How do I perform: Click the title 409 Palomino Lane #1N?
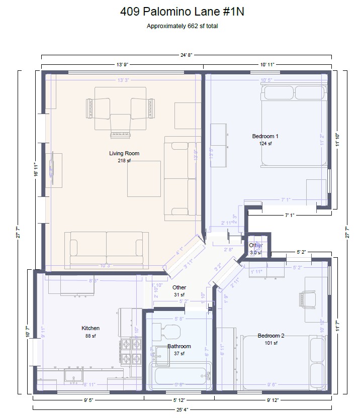pyautogui.click(x=182, y=12)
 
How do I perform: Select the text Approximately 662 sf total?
pyautogui.click(x=182, y=26)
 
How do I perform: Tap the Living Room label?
pyautogui.click(x=124, y=153)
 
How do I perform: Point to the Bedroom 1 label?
pyautogui.click(x=265, y=136)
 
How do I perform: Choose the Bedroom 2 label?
pyautogui.click(x=271, y=336)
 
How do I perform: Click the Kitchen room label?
pyautogui.click(x=91, y=328)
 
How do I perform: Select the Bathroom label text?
pyautogui.click(x=179, y=346)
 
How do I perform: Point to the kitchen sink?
pyautogui.click(x=74, y=377)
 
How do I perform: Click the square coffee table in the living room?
pyautogui.click(x=144, y=178)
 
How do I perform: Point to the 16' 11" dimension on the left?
pyautogui.click(x=35, y=171)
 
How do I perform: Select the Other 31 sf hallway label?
pyautogui.click(x=179, y=291)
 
